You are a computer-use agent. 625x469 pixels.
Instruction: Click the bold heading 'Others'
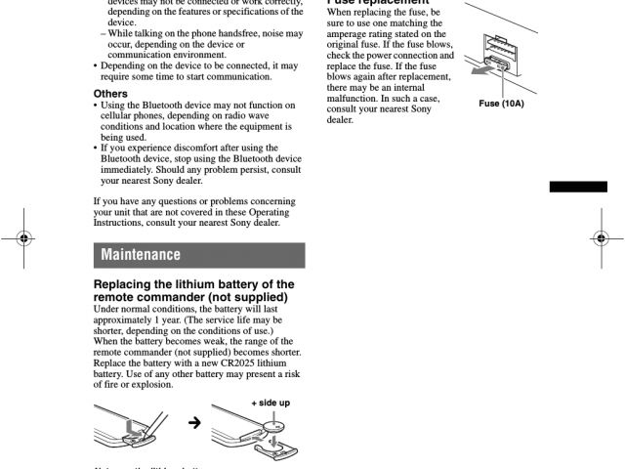pos(110,95)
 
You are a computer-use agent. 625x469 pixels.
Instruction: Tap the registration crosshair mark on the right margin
pos(601,237)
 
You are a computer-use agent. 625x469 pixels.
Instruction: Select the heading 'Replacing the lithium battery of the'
pos(193,283)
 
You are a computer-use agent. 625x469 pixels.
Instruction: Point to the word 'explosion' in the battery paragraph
pos(148,384)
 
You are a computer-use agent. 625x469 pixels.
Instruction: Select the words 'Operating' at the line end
pos(277,212)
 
